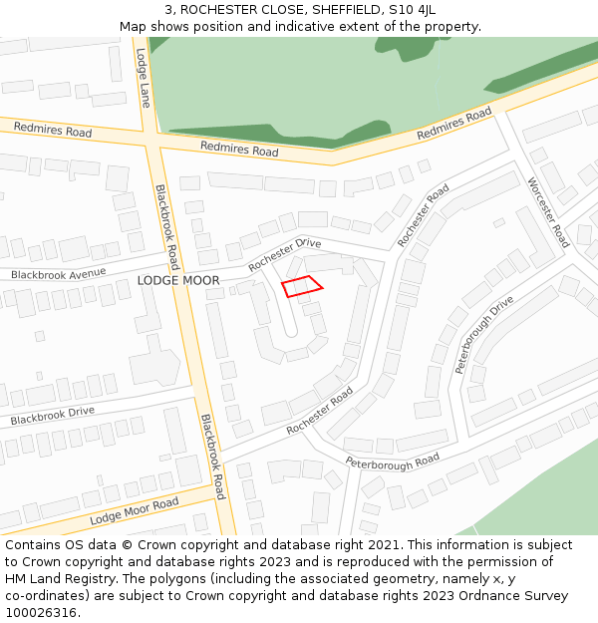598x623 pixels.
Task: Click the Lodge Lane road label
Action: [143, 78]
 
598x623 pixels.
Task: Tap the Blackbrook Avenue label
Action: [58, 274]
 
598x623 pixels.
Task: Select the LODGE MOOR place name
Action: [178, 281]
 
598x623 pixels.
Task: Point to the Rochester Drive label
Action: [285, 254]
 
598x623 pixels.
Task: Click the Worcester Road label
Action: [548, 211]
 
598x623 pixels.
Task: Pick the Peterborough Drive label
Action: [484, 334]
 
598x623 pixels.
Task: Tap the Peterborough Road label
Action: [393, 461]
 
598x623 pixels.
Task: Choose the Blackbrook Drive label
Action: [53, 416]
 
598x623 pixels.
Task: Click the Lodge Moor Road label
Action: [134, 511]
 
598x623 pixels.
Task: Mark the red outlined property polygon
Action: [302, 286]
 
